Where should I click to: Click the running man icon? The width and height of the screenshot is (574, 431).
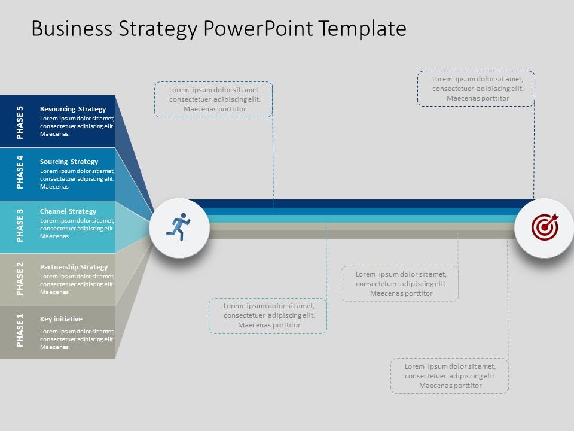[x=179, y=227]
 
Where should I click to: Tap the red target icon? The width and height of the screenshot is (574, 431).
[x=545, y=227]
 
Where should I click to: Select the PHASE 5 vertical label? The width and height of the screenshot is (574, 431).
[x=20, y=122]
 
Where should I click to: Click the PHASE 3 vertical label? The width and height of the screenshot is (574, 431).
[x=20, y=225]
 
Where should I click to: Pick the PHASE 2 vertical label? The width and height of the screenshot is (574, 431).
[x=20, y=278]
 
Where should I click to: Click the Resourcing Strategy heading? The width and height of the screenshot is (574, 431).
[x=73, y=109]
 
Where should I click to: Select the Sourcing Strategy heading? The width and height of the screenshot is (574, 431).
[x=69, y=162]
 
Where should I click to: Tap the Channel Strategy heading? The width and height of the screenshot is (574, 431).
[x=68, y=211]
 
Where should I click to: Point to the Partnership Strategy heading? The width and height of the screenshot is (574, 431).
[x=74, y=267]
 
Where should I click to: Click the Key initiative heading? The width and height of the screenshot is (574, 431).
[x=61, y=319]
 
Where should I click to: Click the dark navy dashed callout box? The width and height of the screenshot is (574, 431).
[x=476, y=89]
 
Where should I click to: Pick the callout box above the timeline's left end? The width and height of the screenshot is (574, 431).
[x=213, y=99]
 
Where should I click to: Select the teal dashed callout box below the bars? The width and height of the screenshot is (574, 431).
[x=268, y=315]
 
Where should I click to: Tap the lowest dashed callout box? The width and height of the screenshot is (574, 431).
[x=450, y=375]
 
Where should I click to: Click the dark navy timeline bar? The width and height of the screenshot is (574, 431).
[x=359, y=203]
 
